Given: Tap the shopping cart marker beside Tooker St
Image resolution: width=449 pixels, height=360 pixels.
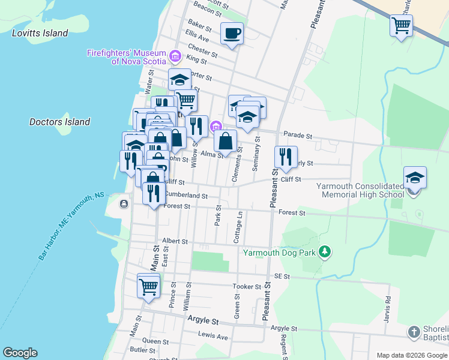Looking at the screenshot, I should (x=148, y=285).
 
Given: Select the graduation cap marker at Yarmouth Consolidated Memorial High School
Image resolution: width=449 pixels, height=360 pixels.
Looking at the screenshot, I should (x=415, y=178).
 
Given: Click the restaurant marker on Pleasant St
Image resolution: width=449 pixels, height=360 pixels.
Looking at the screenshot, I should (x=286, y=157).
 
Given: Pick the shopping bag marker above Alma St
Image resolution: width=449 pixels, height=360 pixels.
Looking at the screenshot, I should (x=225, y=141).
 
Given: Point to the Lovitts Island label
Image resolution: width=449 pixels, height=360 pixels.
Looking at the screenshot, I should (x=40, y=33).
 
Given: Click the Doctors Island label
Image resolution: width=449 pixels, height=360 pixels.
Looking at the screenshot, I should (x=60, y=122).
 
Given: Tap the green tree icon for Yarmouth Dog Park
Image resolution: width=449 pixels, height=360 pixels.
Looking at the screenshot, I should (x=325, y=251).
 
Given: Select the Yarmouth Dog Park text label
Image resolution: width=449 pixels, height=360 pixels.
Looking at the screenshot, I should (x=279, y=253).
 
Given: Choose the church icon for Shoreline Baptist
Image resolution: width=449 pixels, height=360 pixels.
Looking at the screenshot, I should (x=414, y=332).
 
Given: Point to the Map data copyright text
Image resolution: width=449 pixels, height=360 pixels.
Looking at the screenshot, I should (x=411, y=355).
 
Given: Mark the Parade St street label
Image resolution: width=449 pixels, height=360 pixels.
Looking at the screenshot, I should (x=298, y=136).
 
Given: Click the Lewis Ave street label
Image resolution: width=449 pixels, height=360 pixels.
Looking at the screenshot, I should (x=214, y=337).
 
